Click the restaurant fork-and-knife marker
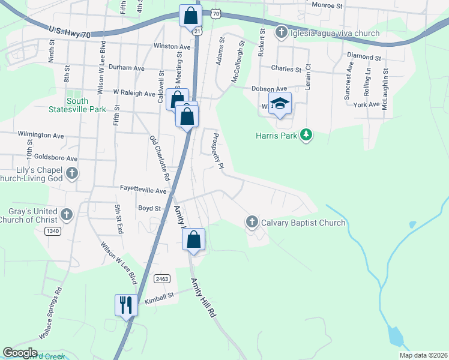point(127,305)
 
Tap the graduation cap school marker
point(280,104)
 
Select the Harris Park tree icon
point(307,134)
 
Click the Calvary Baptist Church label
point(303,223)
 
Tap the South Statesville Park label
point(77,105)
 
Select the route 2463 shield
point(162,279)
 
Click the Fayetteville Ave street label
point(143,191)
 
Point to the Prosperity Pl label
point(216,150)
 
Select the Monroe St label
point(327,5)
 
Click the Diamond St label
point(364,58)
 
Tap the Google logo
point(20,353)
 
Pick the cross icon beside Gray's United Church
point(67,214)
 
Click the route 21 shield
point(197,29)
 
